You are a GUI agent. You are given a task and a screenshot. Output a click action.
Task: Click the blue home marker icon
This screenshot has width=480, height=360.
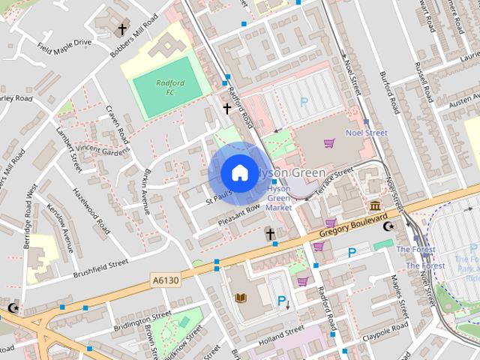(239, 172)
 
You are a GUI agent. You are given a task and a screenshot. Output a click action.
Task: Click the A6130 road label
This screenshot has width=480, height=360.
(166, 280)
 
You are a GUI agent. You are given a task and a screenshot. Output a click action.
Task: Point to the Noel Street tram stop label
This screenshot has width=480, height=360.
(366, 133)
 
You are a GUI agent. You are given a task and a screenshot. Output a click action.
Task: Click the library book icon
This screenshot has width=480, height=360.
(241, 298)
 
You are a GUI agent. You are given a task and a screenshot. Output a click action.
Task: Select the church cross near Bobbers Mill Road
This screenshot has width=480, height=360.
(121, 29)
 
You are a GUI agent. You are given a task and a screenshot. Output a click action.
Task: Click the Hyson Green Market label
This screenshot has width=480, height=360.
(279, 198)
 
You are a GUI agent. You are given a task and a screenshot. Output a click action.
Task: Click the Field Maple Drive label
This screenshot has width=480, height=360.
(64, 43)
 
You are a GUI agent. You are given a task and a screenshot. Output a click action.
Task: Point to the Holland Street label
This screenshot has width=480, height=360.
(279, 340)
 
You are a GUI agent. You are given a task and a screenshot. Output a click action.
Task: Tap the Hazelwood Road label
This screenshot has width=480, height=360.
(91, 210)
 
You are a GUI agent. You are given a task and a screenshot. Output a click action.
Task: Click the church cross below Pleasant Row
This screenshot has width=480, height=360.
(270, 235)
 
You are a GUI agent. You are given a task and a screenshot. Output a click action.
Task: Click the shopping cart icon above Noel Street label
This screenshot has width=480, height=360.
(328, 142)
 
